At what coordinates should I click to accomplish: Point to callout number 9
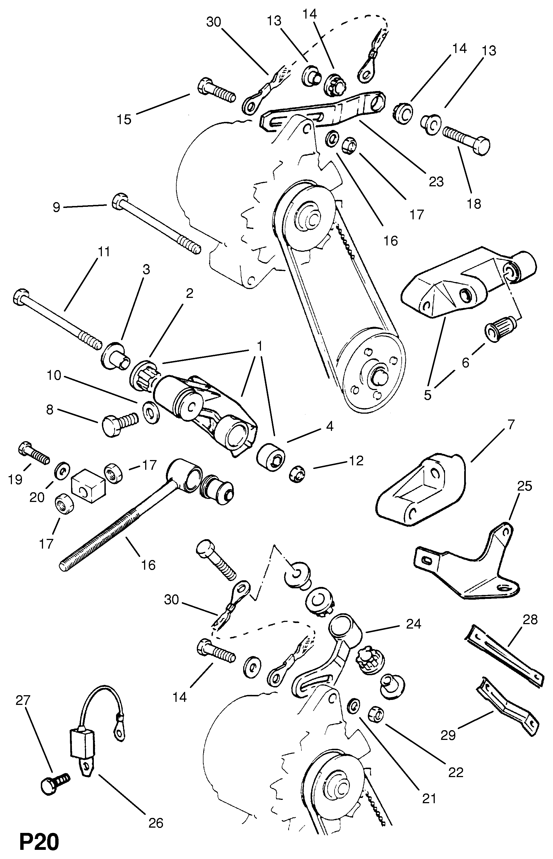coord(56,207)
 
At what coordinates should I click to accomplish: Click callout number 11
coord(104,252)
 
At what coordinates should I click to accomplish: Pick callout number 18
coord(474,204)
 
